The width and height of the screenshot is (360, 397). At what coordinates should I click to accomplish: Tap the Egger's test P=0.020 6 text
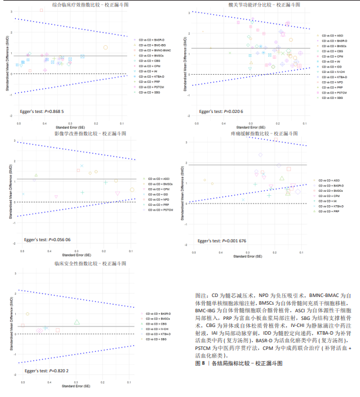point(221,110)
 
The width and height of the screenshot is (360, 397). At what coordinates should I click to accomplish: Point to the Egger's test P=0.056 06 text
point(47,240)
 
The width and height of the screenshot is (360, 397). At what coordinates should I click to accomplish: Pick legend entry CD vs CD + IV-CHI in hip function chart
point(335,72)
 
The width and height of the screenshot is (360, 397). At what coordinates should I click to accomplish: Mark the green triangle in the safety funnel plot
point(77,322)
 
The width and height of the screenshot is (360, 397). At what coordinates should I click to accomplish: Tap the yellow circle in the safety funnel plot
point(27,314)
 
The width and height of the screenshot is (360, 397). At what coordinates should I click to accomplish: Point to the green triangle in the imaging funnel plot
point(36,175)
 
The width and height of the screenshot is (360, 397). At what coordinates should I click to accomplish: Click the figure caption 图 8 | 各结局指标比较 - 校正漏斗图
point(238,364)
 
